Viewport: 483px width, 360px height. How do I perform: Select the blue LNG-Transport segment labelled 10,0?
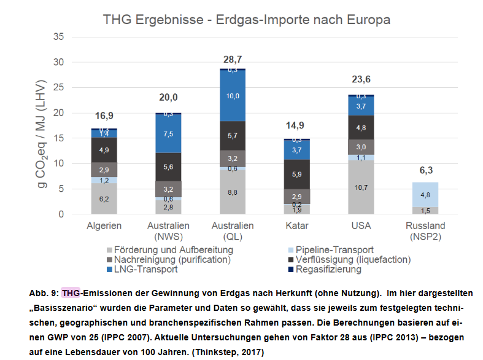point(232,96)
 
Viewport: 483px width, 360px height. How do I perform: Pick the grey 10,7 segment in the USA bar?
point(361,187)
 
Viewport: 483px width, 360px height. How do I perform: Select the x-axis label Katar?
point(296,226)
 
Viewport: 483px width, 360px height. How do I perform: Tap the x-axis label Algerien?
point(104,226)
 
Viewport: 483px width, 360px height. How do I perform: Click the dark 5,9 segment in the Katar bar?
point(296,174)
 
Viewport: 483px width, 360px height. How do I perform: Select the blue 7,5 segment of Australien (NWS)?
point(168,134)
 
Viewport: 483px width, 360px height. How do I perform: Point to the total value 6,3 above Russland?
point(425,171)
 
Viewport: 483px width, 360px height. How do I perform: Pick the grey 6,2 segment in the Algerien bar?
point(104,199)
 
